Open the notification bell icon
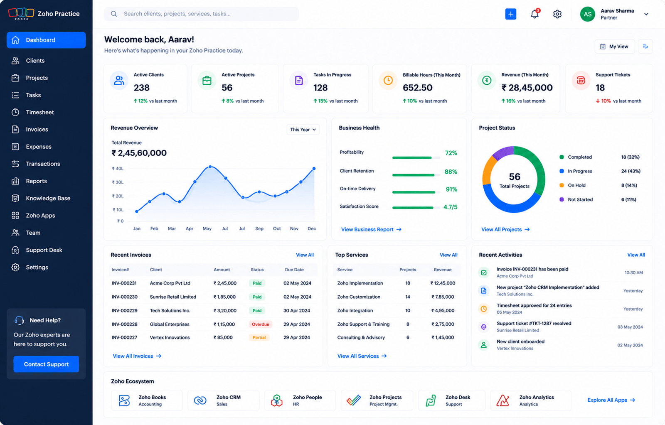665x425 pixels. click(534, 14)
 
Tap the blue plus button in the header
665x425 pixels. click(511, 14)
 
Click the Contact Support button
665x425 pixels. click(46, 364)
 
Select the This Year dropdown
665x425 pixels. click(303, 129)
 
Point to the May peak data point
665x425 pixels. click(210, 167)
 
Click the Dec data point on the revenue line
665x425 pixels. click(314, 169)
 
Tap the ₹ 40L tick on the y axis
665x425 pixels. click(118, 169)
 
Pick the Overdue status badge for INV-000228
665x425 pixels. click(260, 324)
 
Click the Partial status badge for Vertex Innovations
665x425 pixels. click(259, 337)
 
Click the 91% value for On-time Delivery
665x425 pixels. click(451, 189)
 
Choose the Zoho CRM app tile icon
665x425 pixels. click(200, 400)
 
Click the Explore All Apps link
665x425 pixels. click(611, 400)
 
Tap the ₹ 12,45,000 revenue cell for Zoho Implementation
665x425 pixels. click(443, 283)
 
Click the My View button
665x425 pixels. click(615, 46)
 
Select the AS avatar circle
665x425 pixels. click(588, 14)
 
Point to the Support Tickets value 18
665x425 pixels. click(600, 88)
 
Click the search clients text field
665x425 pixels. click(201, 14)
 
